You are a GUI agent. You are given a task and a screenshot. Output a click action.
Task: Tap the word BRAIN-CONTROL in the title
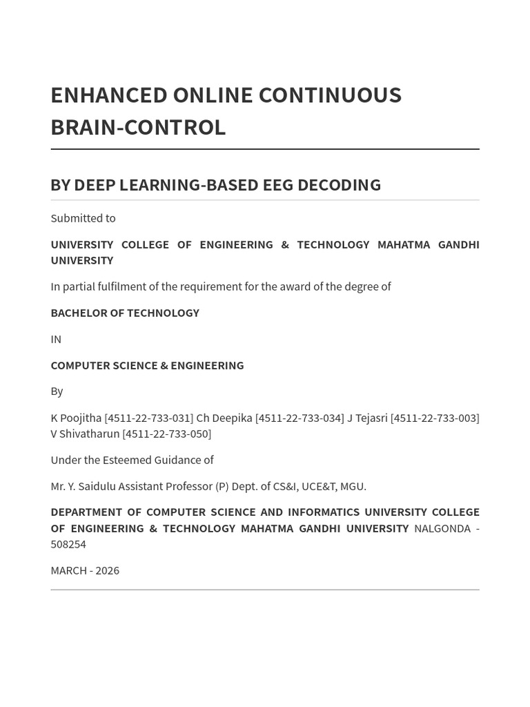(138, 127)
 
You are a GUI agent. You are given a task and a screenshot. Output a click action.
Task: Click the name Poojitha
(81, 418)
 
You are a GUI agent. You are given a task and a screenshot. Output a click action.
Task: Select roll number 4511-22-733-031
(148, 418)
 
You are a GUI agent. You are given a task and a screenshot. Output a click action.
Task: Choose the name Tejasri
(371, 418)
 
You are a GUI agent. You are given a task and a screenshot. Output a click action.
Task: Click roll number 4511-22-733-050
(166, 434)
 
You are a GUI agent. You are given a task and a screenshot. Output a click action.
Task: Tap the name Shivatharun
(90, 434)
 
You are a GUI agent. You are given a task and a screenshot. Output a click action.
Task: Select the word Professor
(188, 486)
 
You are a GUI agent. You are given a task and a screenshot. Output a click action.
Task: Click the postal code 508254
(68, 544)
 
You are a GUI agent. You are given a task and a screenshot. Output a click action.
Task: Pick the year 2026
(107, 570)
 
